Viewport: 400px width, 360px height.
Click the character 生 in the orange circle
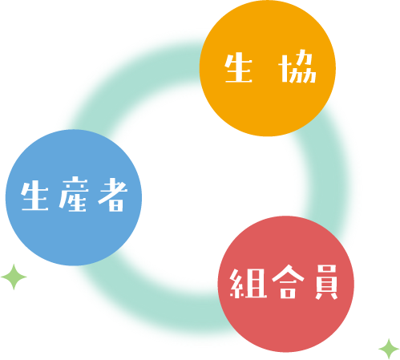click(238, 68)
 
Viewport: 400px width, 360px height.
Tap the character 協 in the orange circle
click(297, 67)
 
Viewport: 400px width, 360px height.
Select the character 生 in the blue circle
click(34, 196)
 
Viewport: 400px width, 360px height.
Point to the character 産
click(74, 194)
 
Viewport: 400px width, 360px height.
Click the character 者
click(113, 195)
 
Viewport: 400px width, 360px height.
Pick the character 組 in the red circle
click(248, 284)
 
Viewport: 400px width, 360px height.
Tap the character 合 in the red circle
click(288, 282)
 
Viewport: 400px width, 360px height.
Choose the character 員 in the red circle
click(326, 282)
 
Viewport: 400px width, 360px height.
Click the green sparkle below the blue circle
click(14, 277)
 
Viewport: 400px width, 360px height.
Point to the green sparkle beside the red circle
click(389, 349)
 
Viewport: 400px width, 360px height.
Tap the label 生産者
click(75, 194)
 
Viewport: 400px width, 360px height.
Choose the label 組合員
click(284, 282)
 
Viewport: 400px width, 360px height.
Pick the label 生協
click(270, 67)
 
